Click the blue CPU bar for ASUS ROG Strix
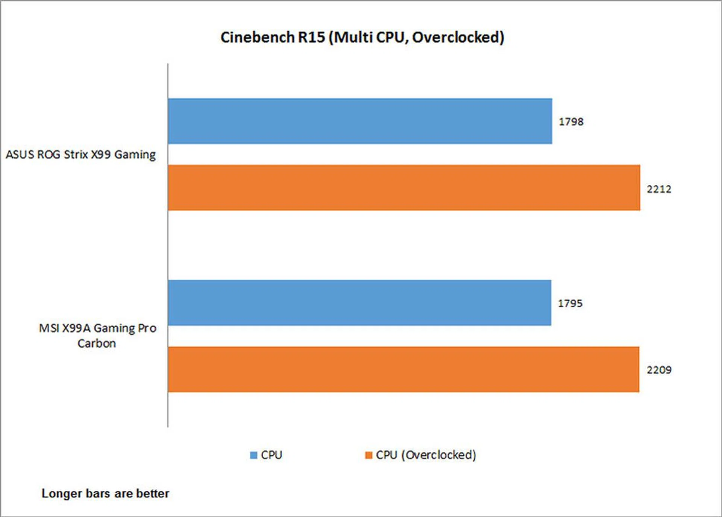coord(360,121)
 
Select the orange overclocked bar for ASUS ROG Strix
coord(404,188)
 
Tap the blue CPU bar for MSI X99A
coord(359,303)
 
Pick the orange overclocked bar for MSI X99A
coord(403,369)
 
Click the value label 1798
coord(571,122)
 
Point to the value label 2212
coord(659,189)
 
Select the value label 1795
coord(570,303)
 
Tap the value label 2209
coord(659,370)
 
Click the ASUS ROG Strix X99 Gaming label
coord(80,155)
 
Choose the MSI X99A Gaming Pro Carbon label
coord(97,336)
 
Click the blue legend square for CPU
coord(254,455)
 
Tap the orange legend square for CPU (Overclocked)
coord(369,455)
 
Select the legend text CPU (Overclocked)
coord(426,455)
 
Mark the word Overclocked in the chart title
coord(458,37)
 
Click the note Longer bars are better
coord(105,493)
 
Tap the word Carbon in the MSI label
coord(97,344)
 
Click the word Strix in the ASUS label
coord(76,155)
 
